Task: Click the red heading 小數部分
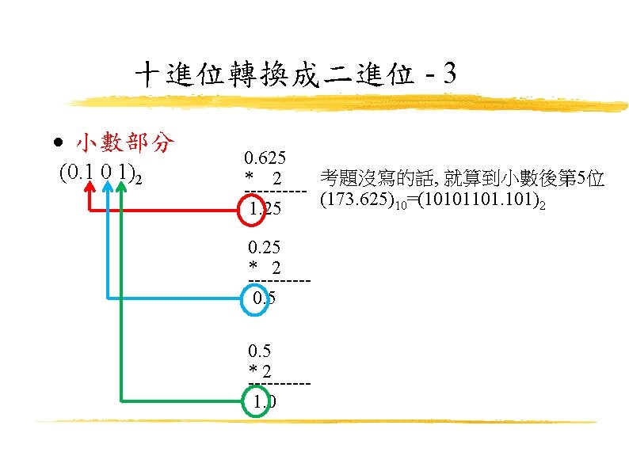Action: (124, 143)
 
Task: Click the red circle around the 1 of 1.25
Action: (252, 210)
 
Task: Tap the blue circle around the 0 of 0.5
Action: (255, 298)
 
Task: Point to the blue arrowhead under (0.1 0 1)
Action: (107, 187)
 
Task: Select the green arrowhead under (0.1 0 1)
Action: (122, 187)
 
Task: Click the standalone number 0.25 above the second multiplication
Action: (264, 247)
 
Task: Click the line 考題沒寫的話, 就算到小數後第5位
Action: (463, 180)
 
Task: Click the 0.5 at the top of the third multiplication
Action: (259, 351)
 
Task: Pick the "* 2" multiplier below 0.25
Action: (265, 266)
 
